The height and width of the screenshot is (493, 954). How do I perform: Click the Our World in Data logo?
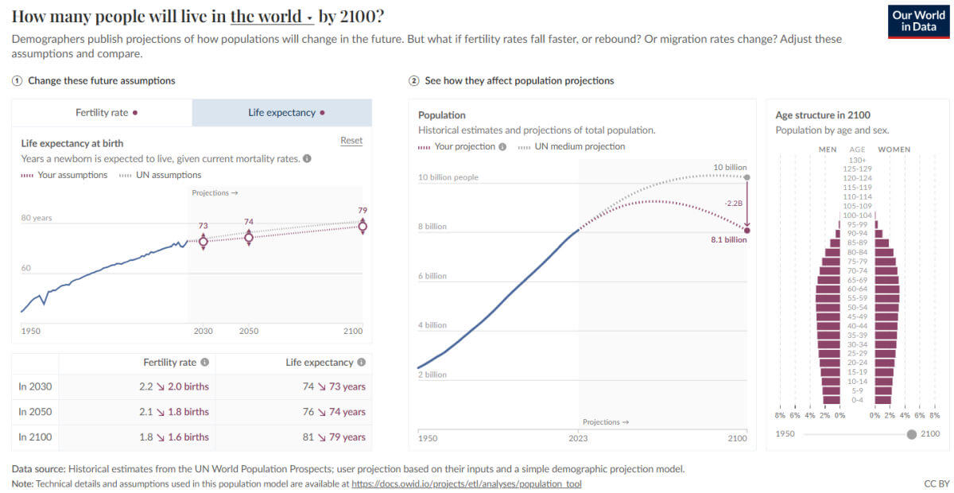click(x=919, y=21)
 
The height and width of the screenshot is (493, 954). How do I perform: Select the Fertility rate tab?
click(x=102, y=112)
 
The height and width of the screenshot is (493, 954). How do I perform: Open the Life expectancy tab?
click(x=282, y=112)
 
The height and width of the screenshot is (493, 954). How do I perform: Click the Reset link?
click(x=351, y=140)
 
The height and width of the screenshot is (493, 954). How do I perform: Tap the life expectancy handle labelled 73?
click(x=204, y=242)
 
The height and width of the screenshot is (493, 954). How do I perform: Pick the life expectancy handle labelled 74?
click(x=249, y=237)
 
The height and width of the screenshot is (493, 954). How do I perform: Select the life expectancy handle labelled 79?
click(x=363, y=227)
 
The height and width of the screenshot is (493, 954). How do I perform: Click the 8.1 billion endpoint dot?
click(x=747, y=231)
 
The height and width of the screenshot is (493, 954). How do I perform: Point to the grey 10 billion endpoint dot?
click(x=747, y=177)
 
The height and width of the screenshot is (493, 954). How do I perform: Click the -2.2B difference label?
click(x=733, y=204)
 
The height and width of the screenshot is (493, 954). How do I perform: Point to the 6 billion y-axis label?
click(x=432, y=276)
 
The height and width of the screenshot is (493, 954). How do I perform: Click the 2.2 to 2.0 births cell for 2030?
click(x=174, y=386)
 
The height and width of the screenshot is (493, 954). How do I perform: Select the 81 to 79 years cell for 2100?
click(x=334, y=437)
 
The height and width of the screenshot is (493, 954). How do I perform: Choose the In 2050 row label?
click(x=35, y=412)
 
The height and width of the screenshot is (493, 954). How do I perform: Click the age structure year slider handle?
click(x=911, y=434)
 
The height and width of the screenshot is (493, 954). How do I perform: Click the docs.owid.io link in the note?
click(x=467, y=483)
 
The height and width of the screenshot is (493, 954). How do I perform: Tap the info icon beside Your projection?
click(x=502, y=146)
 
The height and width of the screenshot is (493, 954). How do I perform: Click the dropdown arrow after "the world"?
click(x=309, y=18)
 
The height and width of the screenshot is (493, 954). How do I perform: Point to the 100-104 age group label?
click(x=857, y=215)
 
